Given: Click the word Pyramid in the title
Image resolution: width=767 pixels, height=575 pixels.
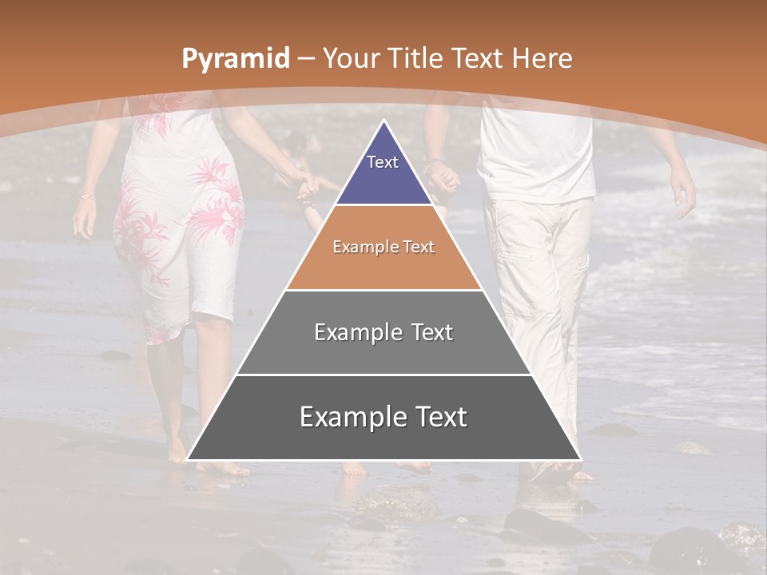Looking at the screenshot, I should pyautogui.click(x=235, y=58).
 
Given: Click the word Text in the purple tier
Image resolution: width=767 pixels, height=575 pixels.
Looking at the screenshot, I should pyautogui.click(x=383, y=162).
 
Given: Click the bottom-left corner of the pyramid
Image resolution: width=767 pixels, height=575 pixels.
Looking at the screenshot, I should pyautogui.click(x=189, y=459).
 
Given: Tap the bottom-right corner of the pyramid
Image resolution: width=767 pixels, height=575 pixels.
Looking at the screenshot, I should pyautogui.click(x=579, y=459).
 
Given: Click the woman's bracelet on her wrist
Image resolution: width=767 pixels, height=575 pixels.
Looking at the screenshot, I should pyautogui.click(x=86, y=196).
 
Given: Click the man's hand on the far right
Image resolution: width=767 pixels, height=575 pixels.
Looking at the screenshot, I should pyautogui.click(x=683, y=192).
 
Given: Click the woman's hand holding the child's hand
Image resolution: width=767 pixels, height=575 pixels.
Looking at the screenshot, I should pyautogui.click(x=306, y=184).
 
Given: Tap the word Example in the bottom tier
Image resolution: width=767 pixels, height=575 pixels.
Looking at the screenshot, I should pyautogui.click(x=345, y=417).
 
